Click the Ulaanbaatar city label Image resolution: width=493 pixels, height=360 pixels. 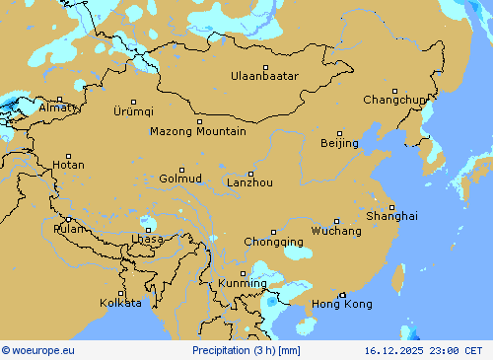tap(264, 76)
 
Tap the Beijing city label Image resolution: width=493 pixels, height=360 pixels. tap(339, 143)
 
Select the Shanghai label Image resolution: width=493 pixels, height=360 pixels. tap(391, 215)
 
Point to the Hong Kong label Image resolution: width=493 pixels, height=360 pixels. tap(341, 304)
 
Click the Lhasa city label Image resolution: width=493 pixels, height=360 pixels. tap(147, 240)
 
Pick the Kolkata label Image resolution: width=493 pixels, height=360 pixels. tap(120, 303)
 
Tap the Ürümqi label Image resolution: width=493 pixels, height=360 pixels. tap(133, 110)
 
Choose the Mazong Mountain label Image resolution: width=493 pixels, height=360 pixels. tap(198, 131)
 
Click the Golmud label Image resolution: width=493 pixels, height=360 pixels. tap(180, 179)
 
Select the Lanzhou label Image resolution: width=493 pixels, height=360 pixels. tap(249, 182)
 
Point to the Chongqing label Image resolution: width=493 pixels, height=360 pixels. tap(273, 242)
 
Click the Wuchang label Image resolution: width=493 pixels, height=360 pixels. tap(336, 231)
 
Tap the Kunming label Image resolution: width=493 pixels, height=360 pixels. tap(243, 283)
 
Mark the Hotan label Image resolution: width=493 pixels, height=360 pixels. tap(68, 165)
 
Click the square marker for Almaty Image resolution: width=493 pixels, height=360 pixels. tap(59, 99)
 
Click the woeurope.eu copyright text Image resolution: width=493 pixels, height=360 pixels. tap(38, 350)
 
